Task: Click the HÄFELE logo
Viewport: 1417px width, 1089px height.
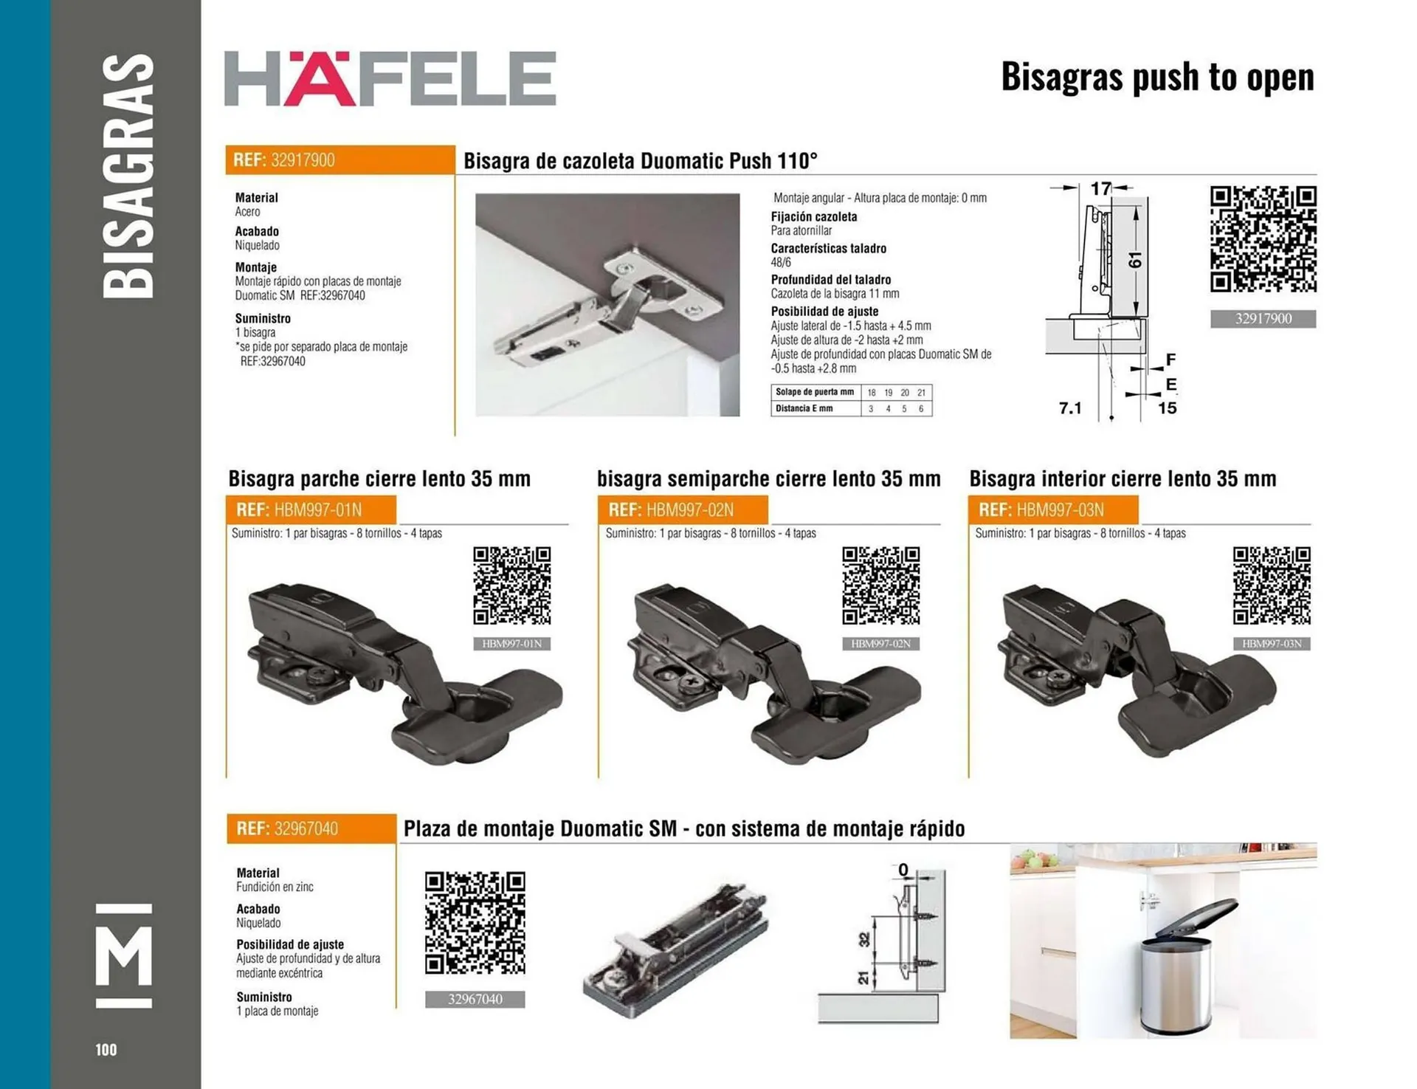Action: [x=390, y=78]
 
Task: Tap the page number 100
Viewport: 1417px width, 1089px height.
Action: [x=106, y=1049]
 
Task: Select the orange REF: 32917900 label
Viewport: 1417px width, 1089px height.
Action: [x=339, y=160]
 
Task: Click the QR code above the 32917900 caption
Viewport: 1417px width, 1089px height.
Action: [x=1263, y=239]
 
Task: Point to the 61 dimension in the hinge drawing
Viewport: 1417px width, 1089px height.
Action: [x=1135, y=260]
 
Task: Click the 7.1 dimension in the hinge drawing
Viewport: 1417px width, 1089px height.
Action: [x=1069, y=408]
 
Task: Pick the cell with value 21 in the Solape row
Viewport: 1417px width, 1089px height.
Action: [x=921, y=393]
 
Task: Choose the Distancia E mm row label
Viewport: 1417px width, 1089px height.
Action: [x=804, y=408]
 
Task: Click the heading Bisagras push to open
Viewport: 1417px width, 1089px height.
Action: [x=1156, y=77]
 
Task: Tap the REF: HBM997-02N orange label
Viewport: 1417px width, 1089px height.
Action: [x=683, y=510]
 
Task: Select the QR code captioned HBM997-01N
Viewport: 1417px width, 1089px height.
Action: [x=511, y=585]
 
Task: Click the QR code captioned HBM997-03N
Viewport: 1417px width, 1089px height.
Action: [x=1271, y=585]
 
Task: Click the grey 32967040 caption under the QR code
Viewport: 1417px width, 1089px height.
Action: [x=475, y=1000]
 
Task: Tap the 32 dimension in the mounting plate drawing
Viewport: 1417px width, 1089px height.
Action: [x=864, y=939]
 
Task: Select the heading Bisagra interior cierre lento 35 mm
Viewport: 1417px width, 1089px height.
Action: [x=1122, y=478]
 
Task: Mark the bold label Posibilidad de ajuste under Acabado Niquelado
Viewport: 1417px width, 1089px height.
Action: [x=290, y=944]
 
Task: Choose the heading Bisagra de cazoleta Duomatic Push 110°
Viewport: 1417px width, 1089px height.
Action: [x=640, y=161]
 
